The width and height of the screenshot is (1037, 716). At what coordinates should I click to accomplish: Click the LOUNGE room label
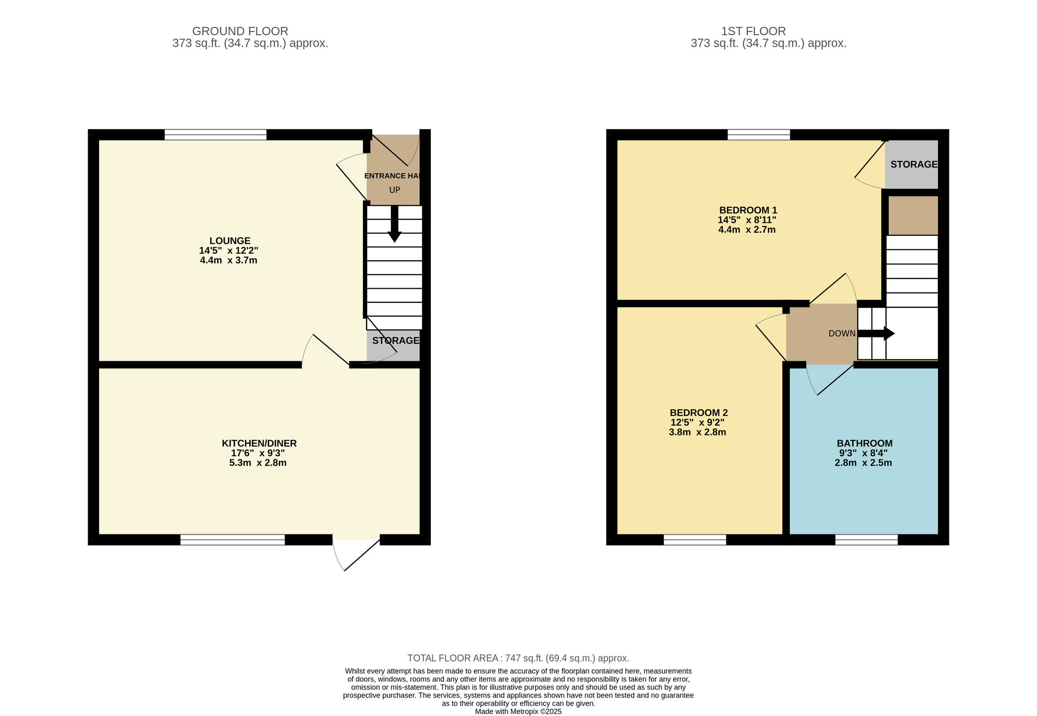(230, 241)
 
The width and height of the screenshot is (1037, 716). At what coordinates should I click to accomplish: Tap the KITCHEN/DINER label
(259, 443)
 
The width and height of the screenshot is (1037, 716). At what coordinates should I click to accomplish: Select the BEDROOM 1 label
(748, 210)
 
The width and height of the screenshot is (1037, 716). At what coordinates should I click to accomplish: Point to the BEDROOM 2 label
(698, 413)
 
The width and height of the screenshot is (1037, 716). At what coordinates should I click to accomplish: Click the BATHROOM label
(864, 443)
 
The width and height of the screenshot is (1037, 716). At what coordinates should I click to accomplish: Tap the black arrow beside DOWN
(876, 333)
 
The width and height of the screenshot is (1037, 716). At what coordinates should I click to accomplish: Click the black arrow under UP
(395, 223)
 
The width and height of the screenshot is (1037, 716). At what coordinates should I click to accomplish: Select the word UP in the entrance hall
(395, 190)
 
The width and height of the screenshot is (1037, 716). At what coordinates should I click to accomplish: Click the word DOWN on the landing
(842, 333)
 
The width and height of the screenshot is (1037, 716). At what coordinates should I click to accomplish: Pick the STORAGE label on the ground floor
(396, 341)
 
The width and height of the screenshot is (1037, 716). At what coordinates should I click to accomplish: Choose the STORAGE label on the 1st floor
(914, 164)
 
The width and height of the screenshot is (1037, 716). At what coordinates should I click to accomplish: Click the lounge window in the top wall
(216, 135)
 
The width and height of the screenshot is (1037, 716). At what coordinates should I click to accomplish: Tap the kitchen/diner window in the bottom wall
(233, 540)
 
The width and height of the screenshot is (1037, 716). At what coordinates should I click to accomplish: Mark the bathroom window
(866, 540)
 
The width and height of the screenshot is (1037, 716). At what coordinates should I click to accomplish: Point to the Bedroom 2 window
(695, 540)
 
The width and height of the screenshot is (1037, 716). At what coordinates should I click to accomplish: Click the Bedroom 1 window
(759, 135)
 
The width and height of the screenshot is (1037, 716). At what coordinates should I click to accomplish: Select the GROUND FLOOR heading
(240, 32)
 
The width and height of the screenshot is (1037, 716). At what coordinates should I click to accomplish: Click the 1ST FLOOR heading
(753, 32)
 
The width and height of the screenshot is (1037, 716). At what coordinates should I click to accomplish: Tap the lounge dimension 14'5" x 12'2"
(229, 250)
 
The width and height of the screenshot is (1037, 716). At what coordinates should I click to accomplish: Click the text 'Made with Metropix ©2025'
(518, 712)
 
